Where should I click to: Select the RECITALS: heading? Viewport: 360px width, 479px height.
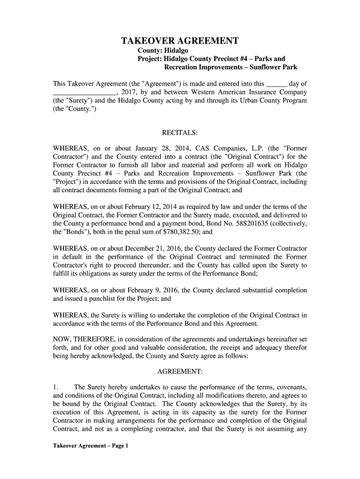(179, 133)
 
